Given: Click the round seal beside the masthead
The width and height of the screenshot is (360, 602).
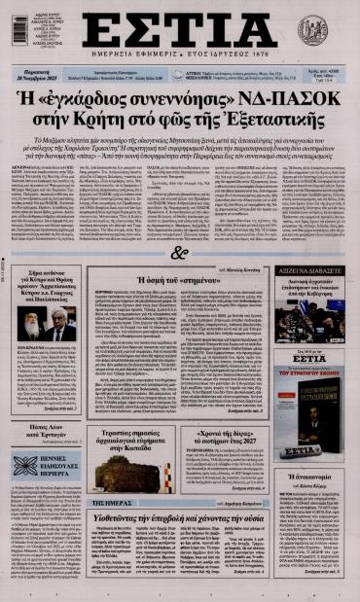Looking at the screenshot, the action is pyautogui.click(x=314, y=30).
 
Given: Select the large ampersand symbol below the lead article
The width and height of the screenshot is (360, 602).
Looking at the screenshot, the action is pyautogui.click(x=179, y=254).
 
